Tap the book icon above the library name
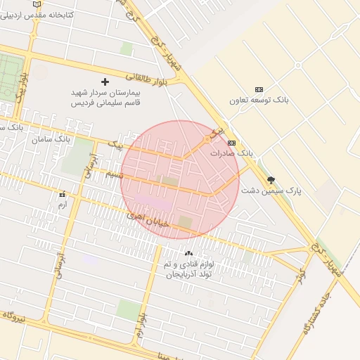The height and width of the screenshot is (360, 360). (x=37, y=4)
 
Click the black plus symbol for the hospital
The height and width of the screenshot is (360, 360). (x=105, y=82)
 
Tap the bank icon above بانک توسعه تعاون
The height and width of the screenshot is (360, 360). (x=259, y=89)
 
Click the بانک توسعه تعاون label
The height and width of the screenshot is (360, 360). (x=259, y=100)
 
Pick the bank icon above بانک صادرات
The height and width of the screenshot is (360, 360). (x=231, y=143)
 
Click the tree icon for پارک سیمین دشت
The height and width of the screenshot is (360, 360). (x=271, y=180)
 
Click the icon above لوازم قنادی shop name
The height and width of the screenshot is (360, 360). (x=188, y=253)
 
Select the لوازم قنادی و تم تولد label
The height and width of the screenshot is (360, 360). (x=188, y=269)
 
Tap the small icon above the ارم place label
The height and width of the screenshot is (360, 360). (x=62, y=194)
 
